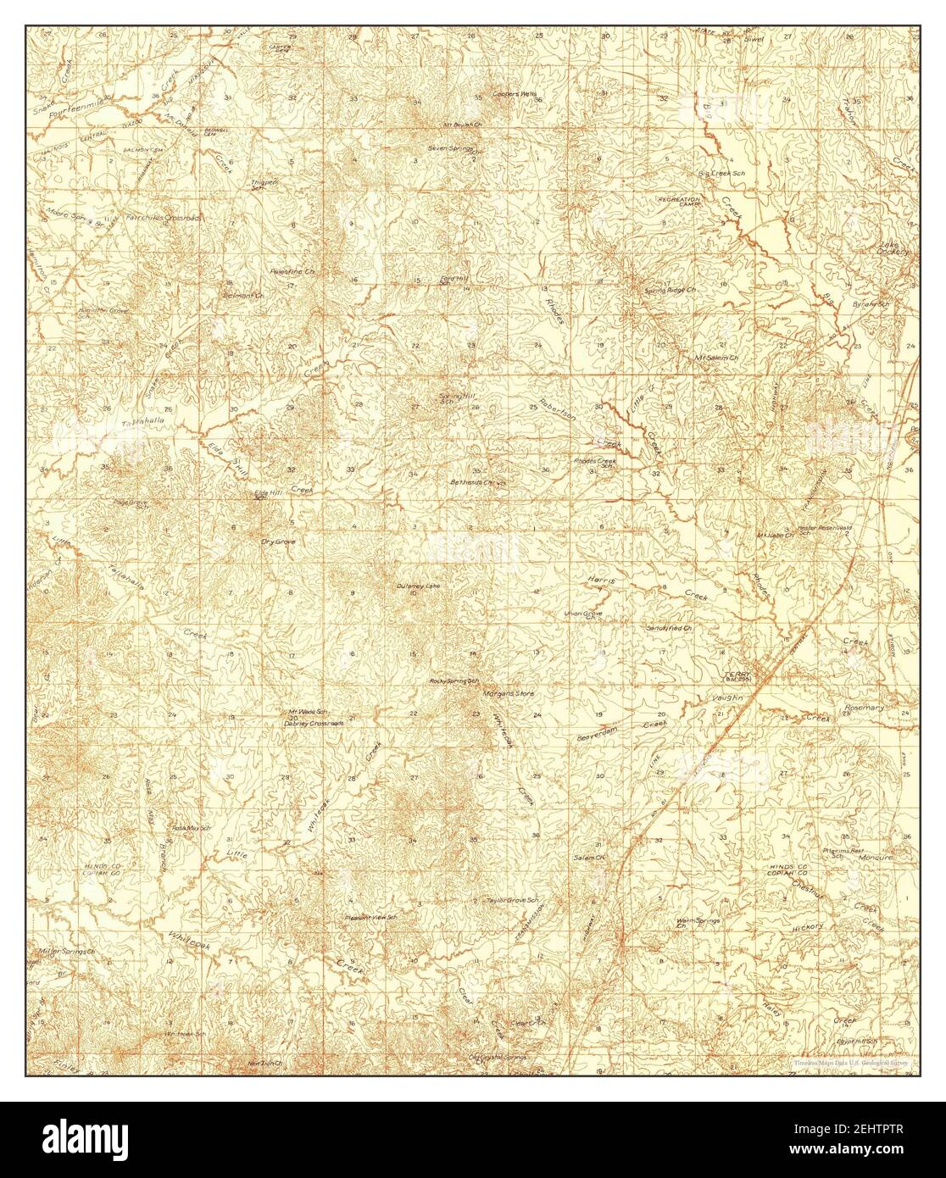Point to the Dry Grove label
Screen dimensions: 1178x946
click(x=278, y=541)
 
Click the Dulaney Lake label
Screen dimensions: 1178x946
click(x=418, y=586)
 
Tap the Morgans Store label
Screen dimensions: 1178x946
click(x=508, y=693)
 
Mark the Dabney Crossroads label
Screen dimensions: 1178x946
click(x=314, y=723)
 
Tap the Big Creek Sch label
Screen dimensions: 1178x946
click(x=721, y=173)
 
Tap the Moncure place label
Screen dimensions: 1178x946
click(x=873, y=858)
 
